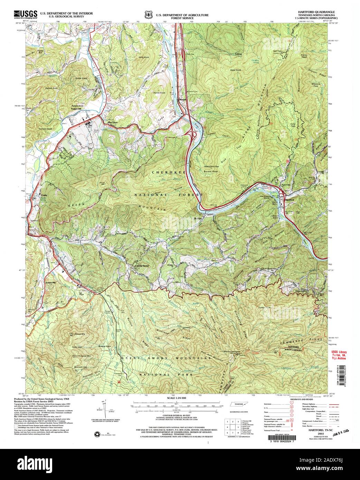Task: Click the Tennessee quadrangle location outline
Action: (238, 404)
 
